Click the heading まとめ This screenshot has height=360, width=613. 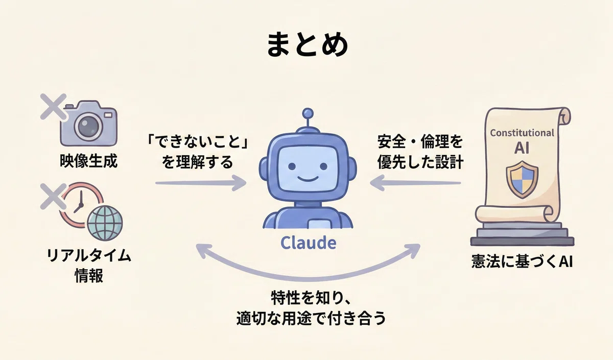(307, 44)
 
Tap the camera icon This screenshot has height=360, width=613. (89, 124)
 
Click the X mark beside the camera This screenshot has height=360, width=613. (53, 107)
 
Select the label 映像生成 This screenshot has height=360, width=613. (88, 160)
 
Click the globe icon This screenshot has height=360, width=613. (105, 223)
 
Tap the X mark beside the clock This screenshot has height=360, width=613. (53, 197)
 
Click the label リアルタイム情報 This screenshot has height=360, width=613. (89, 266)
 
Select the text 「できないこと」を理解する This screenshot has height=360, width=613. (197, 152)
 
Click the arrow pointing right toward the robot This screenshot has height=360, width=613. (201, 183)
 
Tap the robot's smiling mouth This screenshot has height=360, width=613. (308, 179)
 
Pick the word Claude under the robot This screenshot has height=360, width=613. (309, 243)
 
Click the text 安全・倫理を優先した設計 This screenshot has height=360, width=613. (420, 152)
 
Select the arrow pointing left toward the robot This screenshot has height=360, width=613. (415, 183)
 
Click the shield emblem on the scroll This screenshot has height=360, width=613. (522, 179)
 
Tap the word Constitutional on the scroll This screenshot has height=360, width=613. (522, 133)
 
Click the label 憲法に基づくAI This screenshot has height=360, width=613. (522, 261)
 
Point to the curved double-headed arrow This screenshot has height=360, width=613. (308, 277)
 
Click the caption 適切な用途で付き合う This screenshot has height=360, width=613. (311, 318)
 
